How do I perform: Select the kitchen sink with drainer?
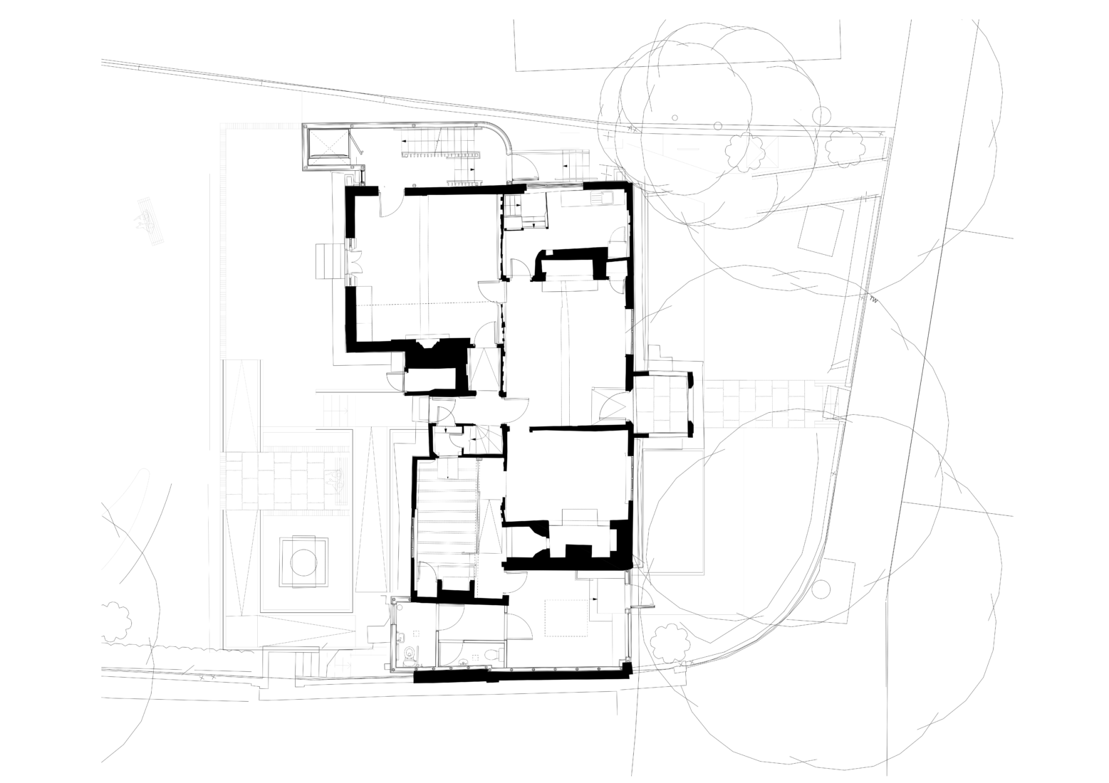609,199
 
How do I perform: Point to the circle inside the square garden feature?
302,562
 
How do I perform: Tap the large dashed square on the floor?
566,618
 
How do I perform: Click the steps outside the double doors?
329,261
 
